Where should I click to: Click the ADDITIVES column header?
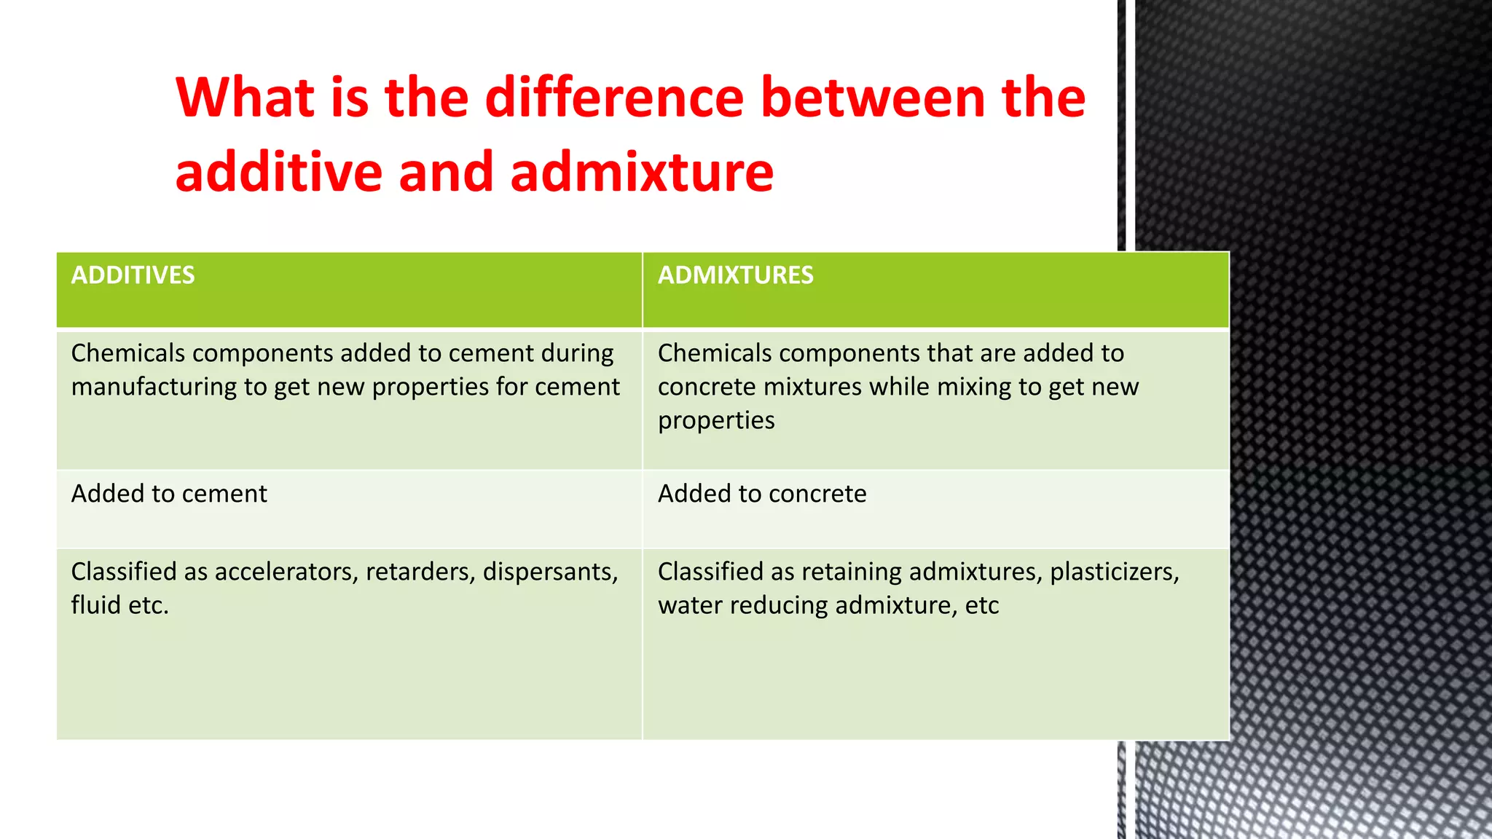133,275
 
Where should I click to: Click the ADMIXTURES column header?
735,275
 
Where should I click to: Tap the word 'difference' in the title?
614,98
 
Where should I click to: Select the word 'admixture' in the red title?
641,173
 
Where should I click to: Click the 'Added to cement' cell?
169,494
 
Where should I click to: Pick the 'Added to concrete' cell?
762,494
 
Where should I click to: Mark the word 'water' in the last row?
690,605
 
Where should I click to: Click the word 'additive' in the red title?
278,173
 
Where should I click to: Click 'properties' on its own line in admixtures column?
716,421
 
